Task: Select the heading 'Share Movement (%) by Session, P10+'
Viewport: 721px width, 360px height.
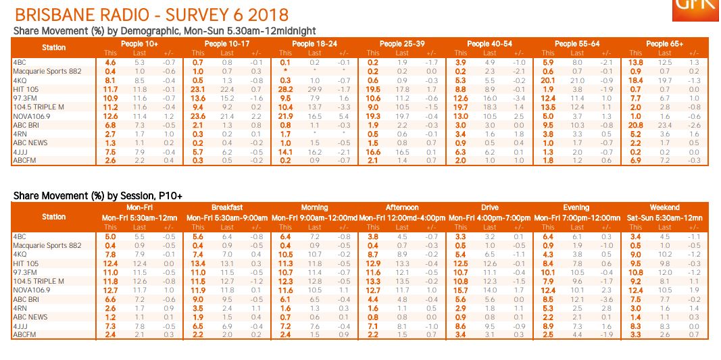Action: click(x=98, y=196)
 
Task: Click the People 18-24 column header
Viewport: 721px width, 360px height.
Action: click(x=314, y=44)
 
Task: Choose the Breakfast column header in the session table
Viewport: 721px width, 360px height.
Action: click(x=227, y=208)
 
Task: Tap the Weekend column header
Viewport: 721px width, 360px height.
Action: click(x=664, y=208)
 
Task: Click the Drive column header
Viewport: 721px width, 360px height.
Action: click(x=490, y=208)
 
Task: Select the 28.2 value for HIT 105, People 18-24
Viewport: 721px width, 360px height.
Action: click(x=285, y=89)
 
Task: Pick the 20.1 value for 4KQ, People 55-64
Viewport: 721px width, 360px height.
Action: click(x=548, y=80)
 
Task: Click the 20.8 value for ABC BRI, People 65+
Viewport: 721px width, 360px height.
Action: click(x=635, y=125)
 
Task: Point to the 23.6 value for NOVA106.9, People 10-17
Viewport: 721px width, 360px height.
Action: click(x=197, y=116)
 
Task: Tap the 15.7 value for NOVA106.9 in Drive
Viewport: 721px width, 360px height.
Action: click(x=460, y=290)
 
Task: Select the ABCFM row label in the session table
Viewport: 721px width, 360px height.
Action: click(x=24, y=334)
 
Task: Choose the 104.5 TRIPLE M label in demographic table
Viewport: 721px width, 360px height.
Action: click(x=39, y=107)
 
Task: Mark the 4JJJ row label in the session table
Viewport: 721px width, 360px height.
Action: click(x=21, y=326)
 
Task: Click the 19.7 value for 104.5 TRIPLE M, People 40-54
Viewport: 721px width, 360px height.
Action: click(x=460, y=107)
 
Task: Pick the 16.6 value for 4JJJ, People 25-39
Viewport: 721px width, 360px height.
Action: click(x=372, y=152)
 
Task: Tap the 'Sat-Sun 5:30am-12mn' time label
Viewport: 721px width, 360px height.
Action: click(x=664, y=218)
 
